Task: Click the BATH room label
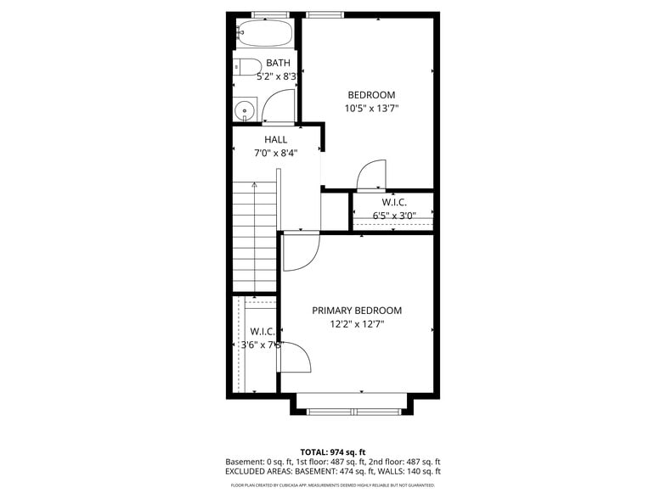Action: tap(278, 63)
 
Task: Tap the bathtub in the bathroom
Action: tap(264, 35)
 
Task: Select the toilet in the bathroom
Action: tap(249, 67)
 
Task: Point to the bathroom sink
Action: tap(246, 109)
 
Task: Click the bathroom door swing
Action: tap(278, 107)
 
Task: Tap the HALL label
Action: tap(276, 139)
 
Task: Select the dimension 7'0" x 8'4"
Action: tap(276, 154)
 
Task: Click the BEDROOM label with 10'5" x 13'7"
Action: tap(371, 94)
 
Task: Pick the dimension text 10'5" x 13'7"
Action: tap(371, 109)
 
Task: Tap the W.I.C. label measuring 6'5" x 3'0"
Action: tap(394, 202)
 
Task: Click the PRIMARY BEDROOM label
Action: tap(357, 311)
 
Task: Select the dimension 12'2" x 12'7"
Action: tap(357, 324)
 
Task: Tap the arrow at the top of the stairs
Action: tap(254, 184)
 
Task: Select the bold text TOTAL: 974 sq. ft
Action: tap(333, 451)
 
